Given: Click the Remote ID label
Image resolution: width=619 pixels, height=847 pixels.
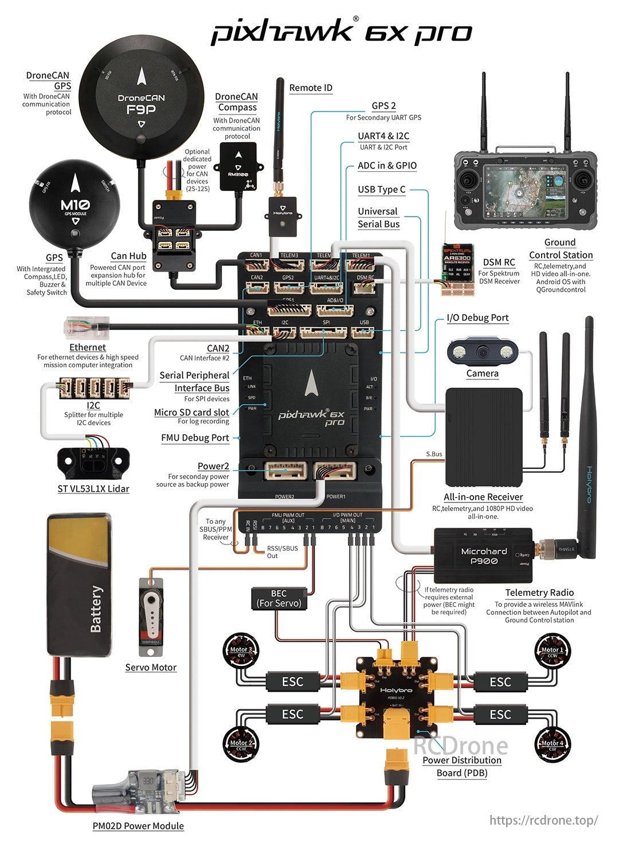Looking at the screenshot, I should (311, 88).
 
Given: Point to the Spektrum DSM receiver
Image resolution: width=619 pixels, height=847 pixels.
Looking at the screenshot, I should (457, 269).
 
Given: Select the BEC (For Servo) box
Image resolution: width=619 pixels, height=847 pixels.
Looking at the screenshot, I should (279, 598).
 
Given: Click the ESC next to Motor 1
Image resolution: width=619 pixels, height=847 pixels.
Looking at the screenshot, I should (500, 682).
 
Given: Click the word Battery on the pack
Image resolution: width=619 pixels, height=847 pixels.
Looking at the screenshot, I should (96, 609).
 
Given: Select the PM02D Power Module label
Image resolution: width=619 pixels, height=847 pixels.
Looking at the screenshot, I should (138, 826).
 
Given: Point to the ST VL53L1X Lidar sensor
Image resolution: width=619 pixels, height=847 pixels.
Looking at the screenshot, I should (93, 462).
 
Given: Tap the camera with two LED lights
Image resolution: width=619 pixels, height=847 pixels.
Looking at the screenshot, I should (482, 351).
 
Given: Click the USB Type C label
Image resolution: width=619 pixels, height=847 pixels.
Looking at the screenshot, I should (381, 190).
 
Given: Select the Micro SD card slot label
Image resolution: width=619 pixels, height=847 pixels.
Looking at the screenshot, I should (191, 413).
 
